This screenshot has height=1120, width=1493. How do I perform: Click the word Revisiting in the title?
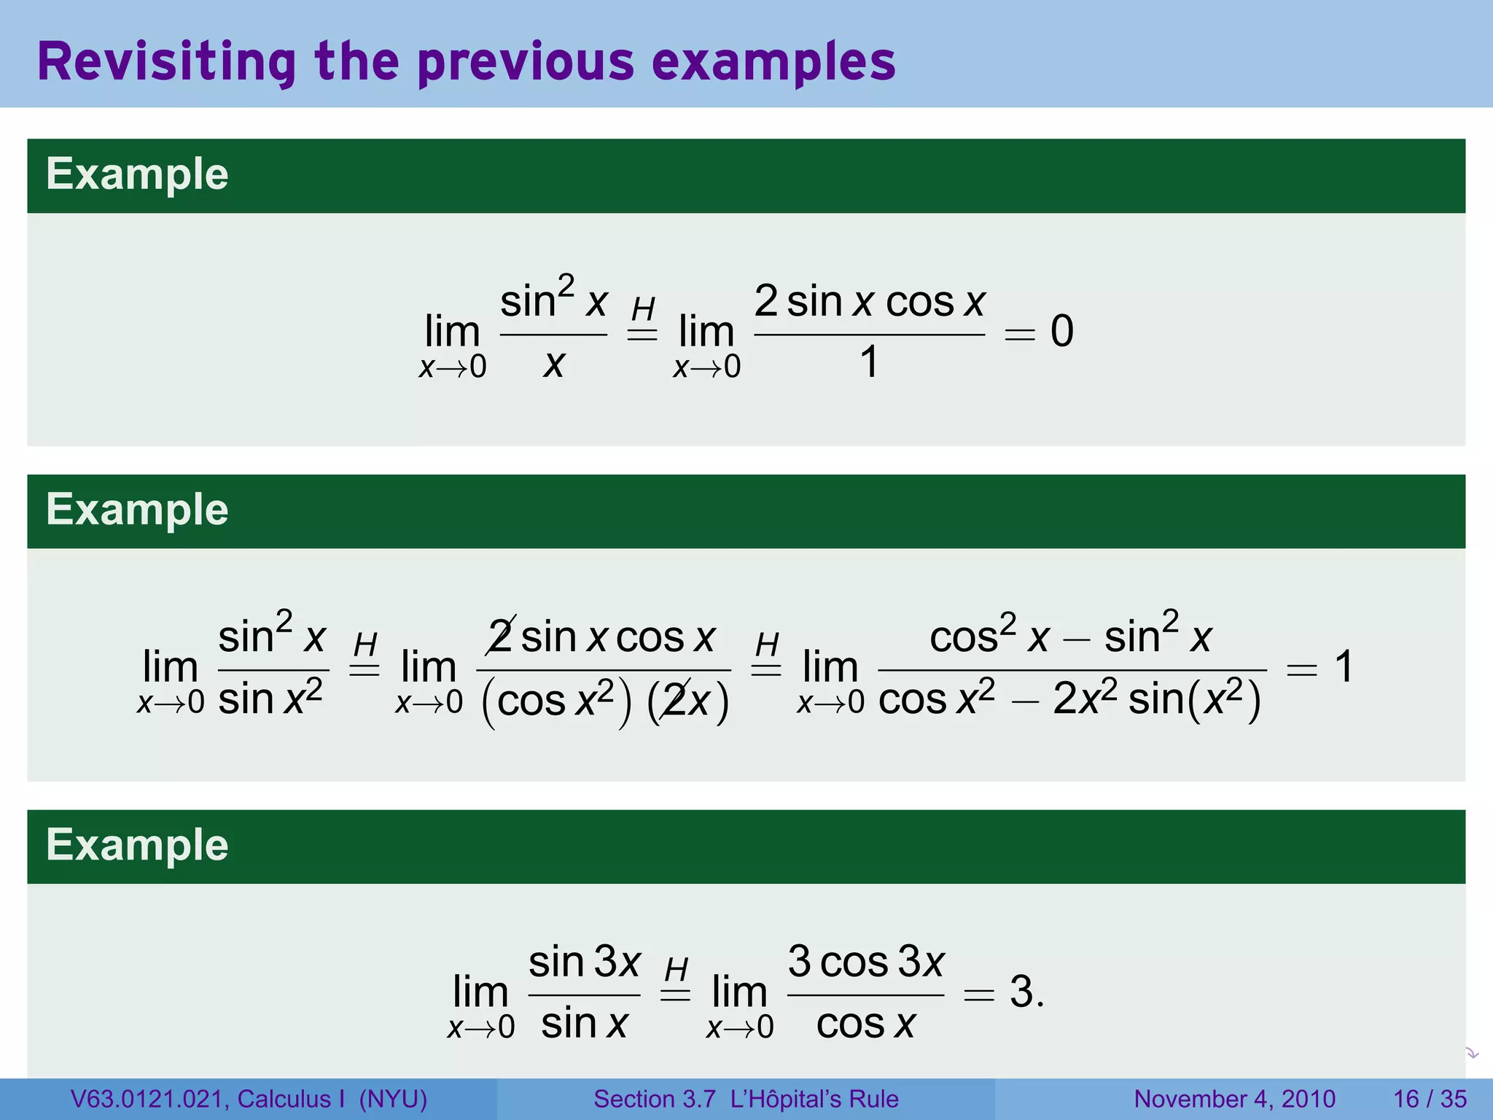click(166, 63)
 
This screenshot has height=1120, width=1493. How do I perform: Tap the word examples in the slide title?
click(773, 63)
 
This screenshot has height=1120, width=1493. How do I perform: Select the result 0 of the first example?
click(1061, 332)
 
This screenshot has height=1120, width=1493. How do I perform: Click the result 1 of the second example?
click(1344, 667)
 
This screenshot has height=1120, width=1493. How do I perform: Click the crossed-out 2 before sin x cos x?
click(501, 637)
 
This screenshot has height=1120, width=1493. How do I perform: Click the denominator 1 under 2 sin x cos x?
click(869, 362)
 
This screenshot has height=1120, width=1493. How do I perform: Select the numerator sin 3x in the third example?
click(584, 962)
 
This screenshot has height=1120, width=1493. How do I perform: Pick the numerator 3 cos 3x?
click(866, 962)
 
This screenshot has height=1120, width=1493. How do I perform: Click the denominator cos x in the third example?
click(865, 1024)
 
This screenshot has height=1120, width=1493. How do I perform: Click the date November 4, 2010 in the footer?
click(1234, 1099)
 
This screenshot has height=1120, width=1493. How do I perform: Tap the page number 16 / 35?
click(1430, 1099)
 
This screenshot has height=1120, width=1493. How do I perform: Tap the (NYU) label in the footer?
click(393, 1099)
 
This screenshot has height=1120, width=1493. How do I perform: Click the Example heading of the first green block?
click(137, 175)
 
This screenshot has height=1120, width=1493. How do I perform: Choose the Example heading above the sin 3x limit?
click(137, 846)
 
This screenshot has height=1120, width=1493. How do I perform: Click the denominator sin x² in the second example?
click(270, 699)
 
